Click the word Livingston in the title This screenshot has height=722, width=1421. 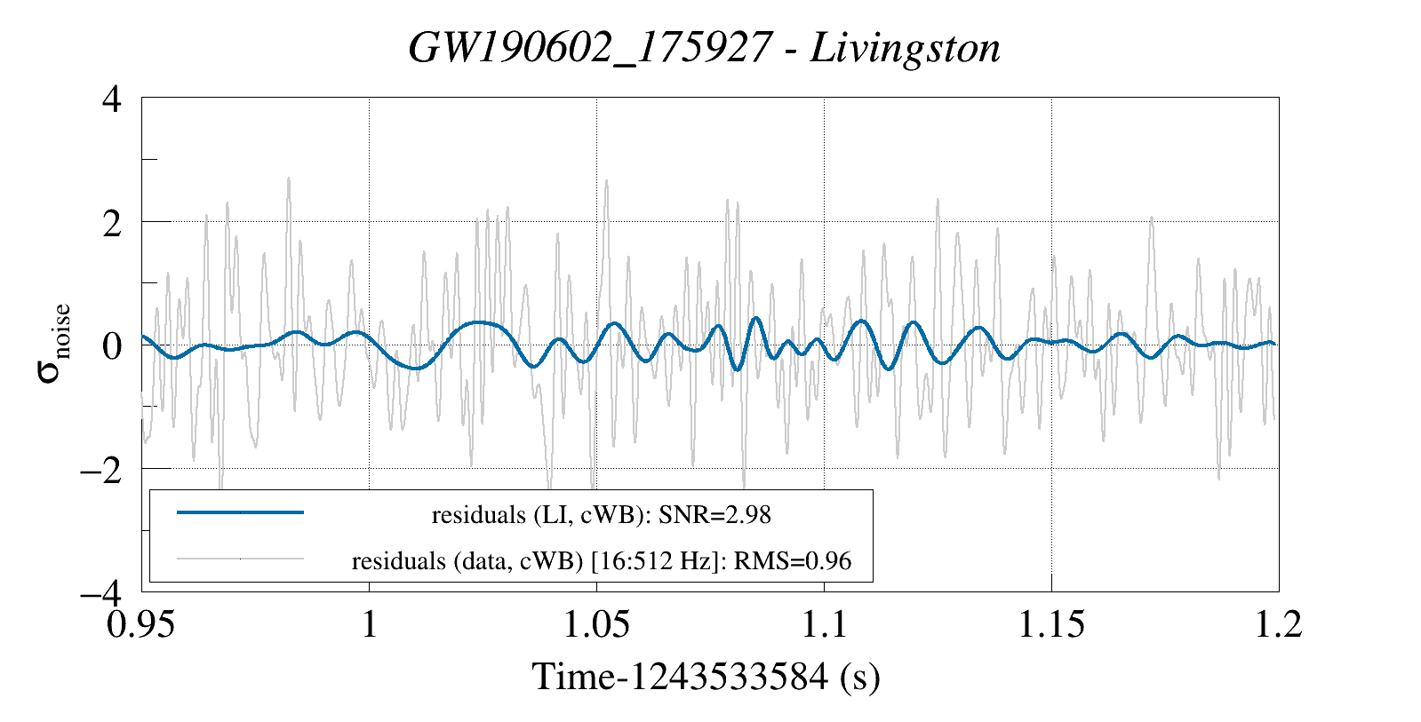pos(905,48)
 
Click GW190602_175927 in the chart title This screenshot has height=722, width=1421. pos(588,48)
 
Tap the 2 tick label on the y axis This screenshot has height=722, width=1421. pos(111,222)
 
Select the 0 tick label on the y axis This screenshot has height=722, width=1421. pos(111,345)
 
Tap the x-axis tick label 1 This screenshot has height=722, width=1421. pos(369,623)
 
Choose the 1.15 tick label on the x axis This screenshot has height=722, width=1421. pos(1052,623)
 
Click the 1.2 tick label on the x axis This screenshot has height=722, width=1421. pos(1278,623)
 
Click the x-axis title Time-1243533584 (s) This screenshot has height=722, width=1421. pos(707,677)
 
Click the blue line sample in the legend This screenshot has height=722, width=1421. pos(240,512)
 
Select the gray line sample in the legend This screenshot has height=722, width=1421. pos(240,559)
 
